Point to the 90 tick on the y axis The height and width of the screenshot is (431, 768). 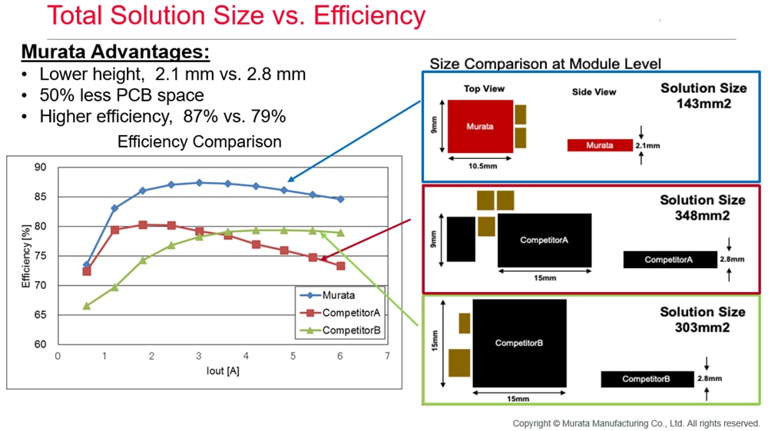(40, 167)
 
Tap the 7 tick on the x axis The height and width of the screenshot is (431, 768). (387, 356)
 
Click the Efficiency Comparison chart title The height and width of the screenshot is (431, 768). (199, 142)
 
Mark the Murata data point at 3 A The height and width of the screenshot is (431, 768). (199, 183)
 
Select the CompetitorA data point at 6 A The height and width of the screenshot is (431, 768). (340, 266)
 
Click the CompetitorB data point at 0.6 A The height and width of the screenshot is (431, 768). (86, 306)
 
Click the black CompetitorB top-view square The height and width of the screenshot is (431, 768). (519, 343)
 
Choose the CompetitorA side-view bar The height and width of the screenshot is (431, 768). (669, 260)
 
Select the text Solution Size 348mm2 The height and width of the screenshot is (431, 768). (702, 207)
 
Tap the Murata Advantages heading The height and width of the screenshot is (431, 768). (115, 51)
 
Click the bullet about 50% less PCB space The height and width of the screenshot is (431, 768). (121, 95)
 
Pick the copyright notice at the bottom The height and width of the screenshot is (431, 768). (637, 423)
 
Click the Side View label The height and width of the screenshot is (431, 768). (594, 92)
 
